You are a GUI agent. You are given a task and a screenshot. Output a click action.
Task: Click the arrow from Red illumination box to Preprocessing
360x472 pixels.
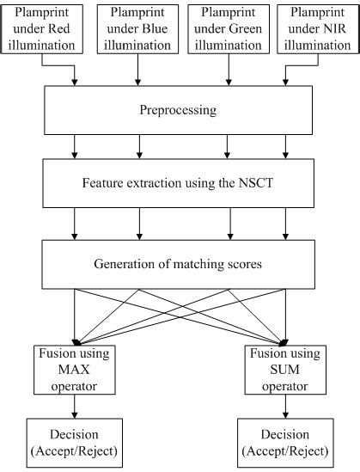tap(75, 74)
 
